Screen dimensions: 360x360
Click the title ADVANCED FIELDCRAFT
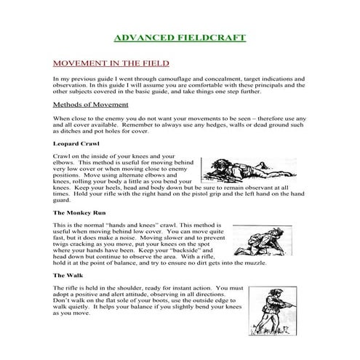pyautogui.click(x=180, y=37)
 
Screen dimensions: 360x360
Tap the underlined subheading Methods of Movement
pyautogui.click(x=91, y=104)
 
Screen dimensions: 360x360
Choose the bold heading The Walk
pyautogui.click(x=67, y=276)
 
